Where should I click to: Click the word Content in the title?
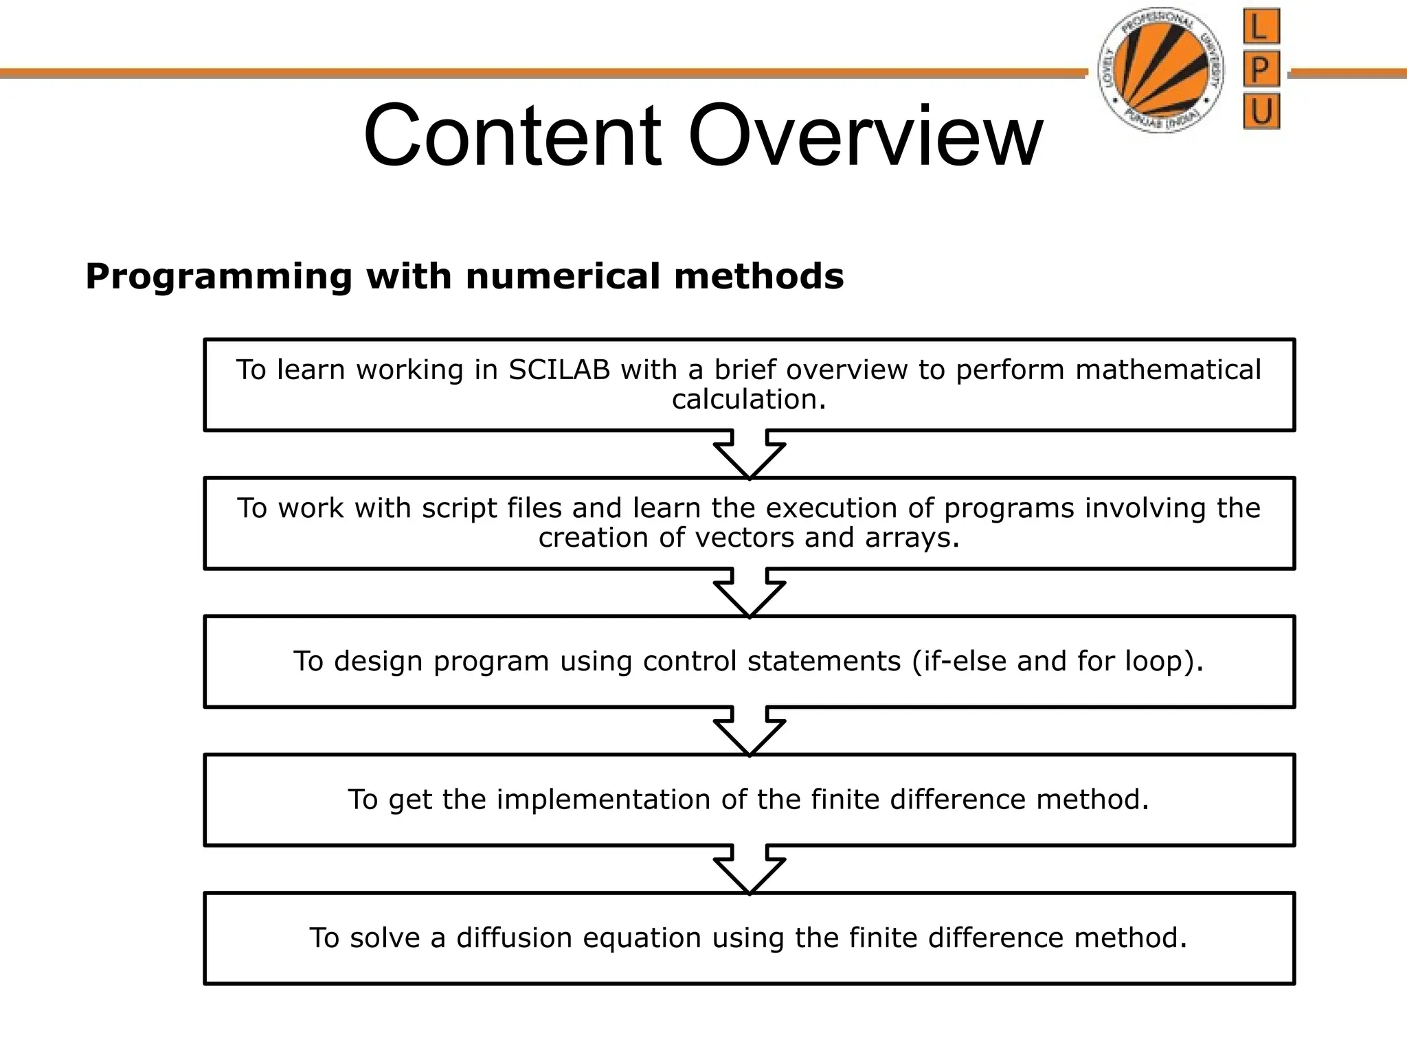tap(512, 135)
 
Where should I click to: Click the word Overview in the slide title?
tap(865, 135)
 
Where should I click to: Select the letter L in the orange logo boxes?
tap(1261, 28)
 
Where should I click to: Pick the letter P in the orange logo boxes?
tap(1261, 71)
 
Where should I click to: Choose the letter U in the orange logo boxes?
tap(1261, 112)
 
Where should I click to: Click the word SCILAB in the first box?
tap(560, 370)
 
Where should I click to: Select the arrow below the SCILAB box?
tap(750, 454)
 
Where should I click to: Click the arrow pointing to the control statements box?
tap(750, 593)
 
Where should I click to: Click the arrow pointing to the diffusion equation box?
tap(750, 870)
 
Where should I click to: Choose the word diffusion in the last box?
tap(514, 938)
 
